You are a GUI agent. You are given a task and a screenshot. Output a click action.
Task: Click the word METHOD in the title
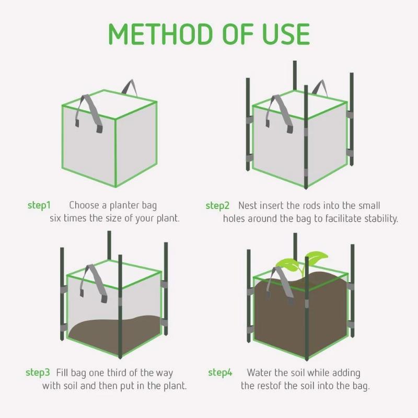click(x=161, y=34)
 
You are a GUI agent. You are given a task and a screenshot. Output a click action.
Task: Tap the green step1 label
click(x=39, y=205)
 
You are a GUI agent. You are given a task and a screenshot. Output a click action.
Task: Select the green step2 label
click(x=217, y=206)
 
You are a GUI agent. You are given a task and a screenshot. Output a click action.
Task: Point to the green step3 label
click(x=38, y=373)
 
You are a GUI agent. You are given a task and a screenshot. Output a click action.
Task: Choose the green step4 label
click(x=220, y=373)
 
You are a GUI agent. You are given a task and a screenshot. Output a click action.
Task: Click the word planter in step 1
click(x=124, y=205)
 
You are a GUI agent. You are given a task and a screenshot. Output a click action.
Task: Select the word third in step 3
click(x=117, y=373)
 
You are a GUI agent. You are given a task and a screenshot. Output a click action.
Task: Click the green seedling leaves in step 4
click(x=302, y=262)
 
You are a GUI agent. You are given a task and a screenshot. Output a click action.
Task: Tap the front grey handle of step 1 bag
click(x=89, y=113)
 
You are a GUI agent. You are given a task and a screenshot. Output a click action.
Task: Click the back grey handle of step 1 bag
click(x=129, y=87)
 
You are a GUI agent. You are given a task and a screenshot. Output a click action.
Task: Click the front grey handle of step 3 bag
click(x=94, y=283)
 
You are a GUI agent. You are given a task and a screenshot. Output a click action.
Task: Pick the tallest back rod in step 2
click(x=295, y=75)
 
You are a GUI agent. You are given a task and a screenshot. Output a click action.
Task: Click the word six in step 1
click(x=55, y=218)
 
